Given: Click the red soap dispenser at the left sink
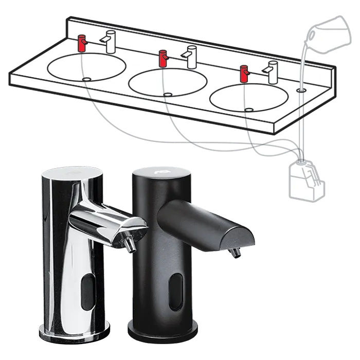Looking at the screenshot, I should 81,44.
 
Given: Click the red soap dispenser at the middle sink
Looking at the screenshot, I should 163,58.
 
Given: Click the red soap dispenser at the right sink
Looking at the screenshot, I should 244,74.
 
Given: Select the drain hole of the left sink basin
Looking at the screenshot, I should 87,79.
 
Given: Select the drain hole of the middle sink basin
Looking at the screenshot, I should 168,94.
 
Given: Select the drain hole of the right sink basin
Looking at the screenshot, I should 249,109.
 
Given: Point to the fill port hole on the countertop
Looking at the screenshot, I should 300,89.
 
